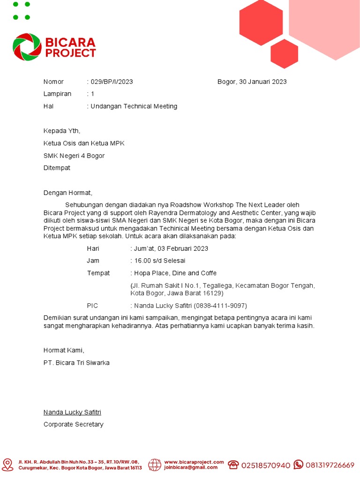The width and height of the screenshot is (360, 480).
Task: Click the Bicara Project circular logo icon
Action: pyautogui.click(x=27, y=47)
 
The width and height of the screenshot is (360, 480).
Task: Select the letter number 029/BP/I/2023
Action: pyautogui.click(x=112, y=82)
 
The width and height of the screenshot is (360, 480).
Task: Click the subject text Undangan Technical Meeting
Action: pyautogui.click(x=134, y=106)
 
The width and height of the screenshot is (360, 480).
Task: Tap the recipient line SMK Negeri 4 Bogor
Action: pyautogui.click(x=74, y=156)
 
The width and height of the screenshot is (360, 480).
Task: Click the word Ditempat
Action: pyautogui.click(x=57, y=168)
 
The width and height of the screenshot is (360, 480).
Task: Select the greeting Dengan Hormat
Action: pyautogui.click(x=68, y=193)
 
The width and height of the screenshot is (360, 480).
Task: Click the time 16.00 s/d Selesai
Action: pyautogui.click(x=159, y=261)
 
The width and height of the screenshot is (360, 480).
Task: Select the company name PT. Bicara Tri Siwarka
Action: pyautogui.click(x=76, y=362)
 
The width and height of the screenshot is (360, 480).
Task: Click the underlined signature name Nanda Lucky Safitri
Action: pyautogui.click(x=72, y=412)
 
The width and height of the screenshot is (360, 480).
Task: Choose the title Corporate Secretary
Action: pyautogui.click(x=74, y=424)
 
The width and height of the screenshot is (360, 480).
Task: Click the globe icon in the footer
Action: pyautogui.click(x=155, y=465)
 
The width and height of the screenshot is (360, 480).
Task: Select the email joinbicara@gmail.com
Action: pyautogui.click(x=191, y=467)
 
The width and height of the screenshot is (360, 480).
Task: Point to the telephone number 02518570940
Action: pyautogui.click(x=266, y=465)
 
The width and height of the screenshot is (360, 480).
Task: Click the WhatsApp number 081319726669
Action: pyautogui.click(x=330, y=465)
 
